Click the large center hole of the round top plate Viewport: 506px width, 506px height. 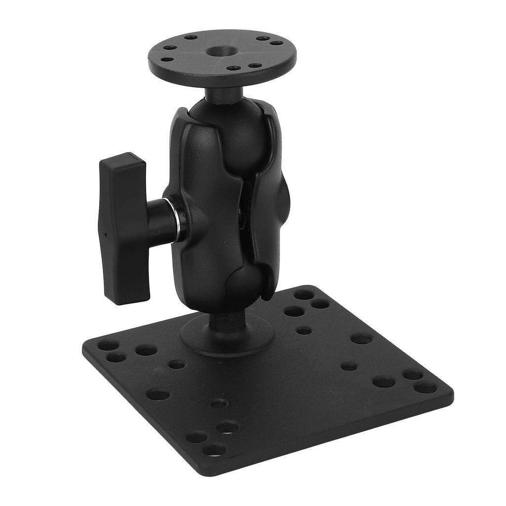218,51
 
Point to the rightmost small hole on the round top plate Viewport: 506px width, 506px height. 276,43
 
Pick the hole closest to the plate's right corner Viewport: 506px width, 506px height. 425,388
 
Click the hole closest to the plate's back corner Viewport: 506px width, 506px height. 304,295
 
